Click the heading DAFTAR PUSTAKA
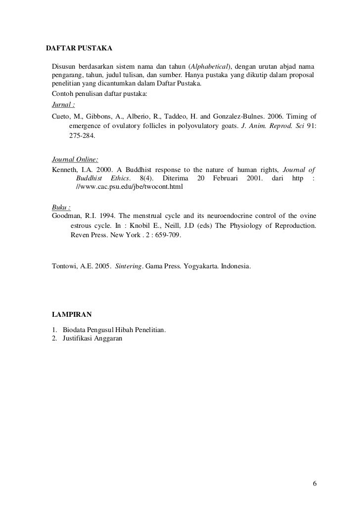(79, 49)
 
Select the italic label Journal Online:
(75, 160)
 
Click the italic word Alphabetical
(208, 67)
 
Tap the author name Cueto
(61, 116)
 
